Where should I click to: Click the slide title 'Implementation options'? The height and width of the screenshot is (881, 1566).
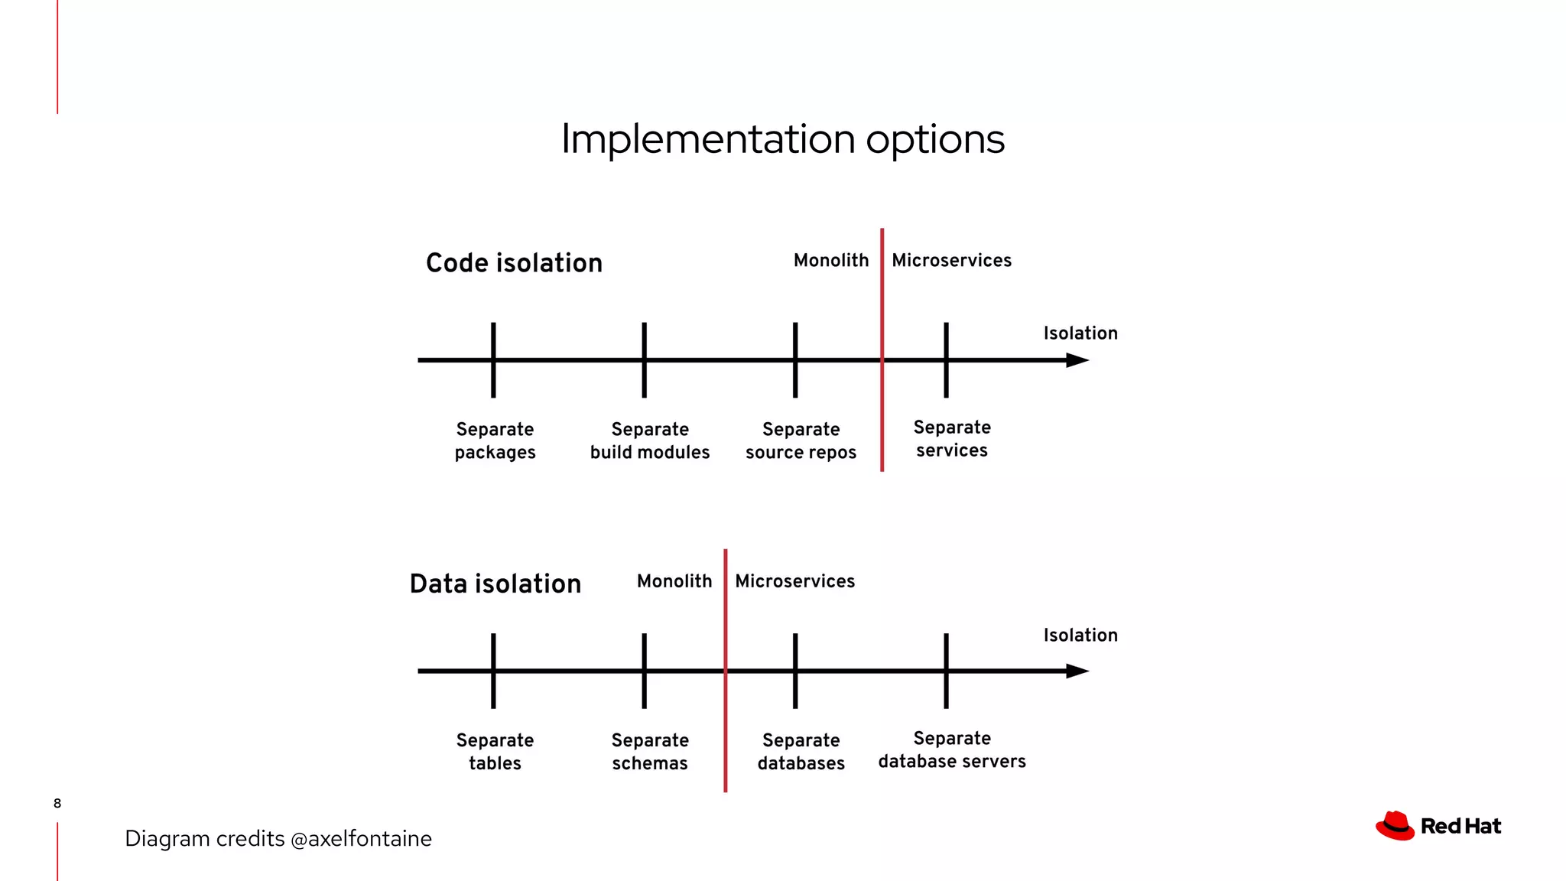782,140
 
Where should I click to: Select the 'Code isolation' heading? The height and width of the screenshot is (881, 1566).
514,263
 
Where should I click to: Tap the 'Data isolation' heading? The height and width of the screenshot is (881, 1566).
495,584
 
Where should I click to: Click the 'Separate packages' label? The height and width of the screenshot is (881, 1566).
495,440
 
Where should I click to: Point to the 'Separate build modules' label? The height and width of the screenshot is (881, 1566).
650,440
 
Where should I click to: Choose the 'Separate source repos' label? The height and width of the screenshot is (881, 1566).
801,440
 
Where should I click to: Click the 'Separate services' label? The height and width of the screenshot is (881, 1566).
952,439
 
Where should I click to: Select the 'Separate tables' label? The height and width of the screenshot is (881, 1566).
495,752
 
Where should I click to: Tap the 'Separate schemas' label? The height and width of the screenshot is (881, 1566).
650,752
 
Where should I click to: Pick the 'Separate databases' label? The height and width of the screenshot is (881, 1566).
801,752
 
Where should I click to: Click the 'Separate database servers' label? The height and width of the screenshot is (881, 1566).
952,749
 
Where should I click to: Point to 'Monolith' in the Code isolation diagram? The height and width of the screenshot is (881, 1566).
831,261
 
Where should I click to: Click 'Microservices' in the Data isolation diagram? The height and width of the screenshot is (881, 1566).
794,581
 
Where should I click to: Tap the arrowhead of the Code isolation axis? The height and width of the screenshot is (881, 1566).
1077,360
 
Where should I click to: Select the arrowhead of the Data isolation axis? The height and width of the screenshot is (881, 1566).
1077,671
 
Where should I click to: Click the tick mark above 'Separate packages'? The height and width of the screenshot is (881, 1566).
493,360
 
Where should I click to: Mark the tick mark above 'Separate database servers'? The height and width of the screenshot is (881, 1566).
946,671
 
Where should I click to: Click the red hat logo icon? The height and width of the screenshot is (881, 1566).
1395,826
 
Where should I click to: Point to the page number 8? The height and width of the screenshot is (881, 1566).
57,803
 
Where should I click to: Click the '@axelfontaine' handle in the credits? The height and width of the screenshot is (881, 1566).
361,839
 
